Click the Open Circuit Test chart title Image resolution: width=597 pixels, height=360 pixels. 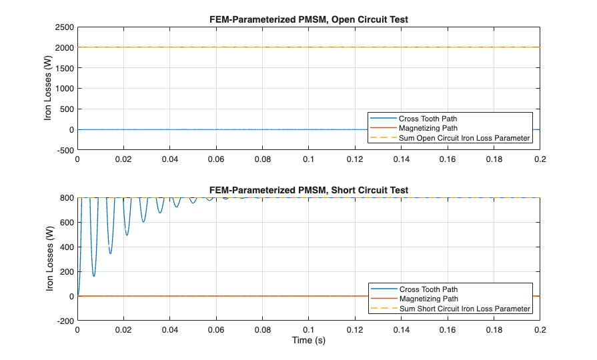[x=308, y=19]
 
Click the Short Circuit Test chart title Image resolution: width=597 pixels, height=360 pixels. [x=308, y=190]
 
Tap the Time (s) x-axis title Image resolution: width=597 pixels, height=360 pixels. [x=308, y=339]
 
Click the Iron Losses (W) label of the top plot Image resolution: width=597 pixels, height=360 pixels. [x=48, y=88]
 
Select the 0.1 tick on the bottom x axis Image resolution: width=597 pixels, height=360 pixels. [x=308, y=329]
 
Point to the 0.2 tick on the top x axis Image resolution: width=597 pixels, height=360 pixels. [x=539, y=159]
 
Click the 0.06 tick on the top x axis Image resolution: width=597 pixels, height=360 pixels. [x=216, y=159]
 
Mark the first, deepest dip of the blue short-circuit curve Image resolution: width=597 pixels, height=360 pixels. [x=94, y=276]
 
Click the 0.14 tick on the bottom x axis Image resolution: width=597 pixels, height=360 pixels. [x=401, y=329]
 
